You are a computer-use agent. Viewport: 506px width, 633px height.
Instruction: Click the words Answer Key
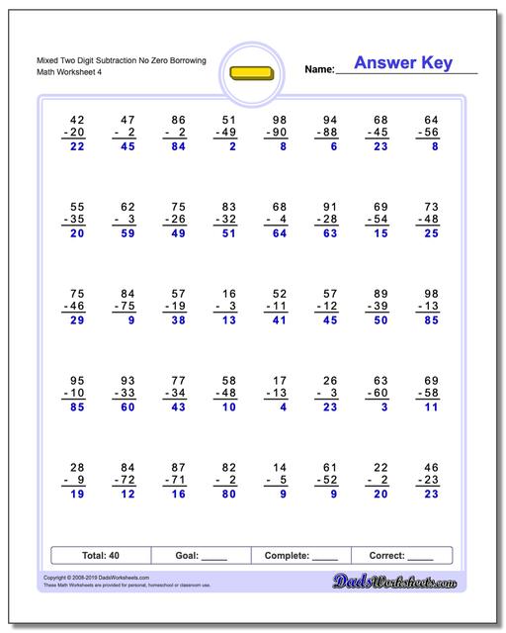402,63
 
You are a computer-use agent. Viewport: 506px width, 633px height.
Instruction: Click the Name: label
318,69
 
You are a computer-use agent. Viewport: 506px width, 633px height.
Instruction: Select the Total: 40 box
101,556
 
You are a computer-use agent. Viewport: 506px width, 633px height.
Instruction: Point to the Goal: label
186,556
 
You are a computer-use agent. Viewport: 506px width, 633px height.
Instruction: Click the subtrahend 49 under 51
228,132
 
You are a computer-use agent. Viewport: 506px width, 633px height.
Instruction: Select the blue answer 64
279,233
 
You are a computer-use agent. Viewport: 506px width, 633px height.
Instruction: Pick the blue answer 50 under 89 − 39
379,319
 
